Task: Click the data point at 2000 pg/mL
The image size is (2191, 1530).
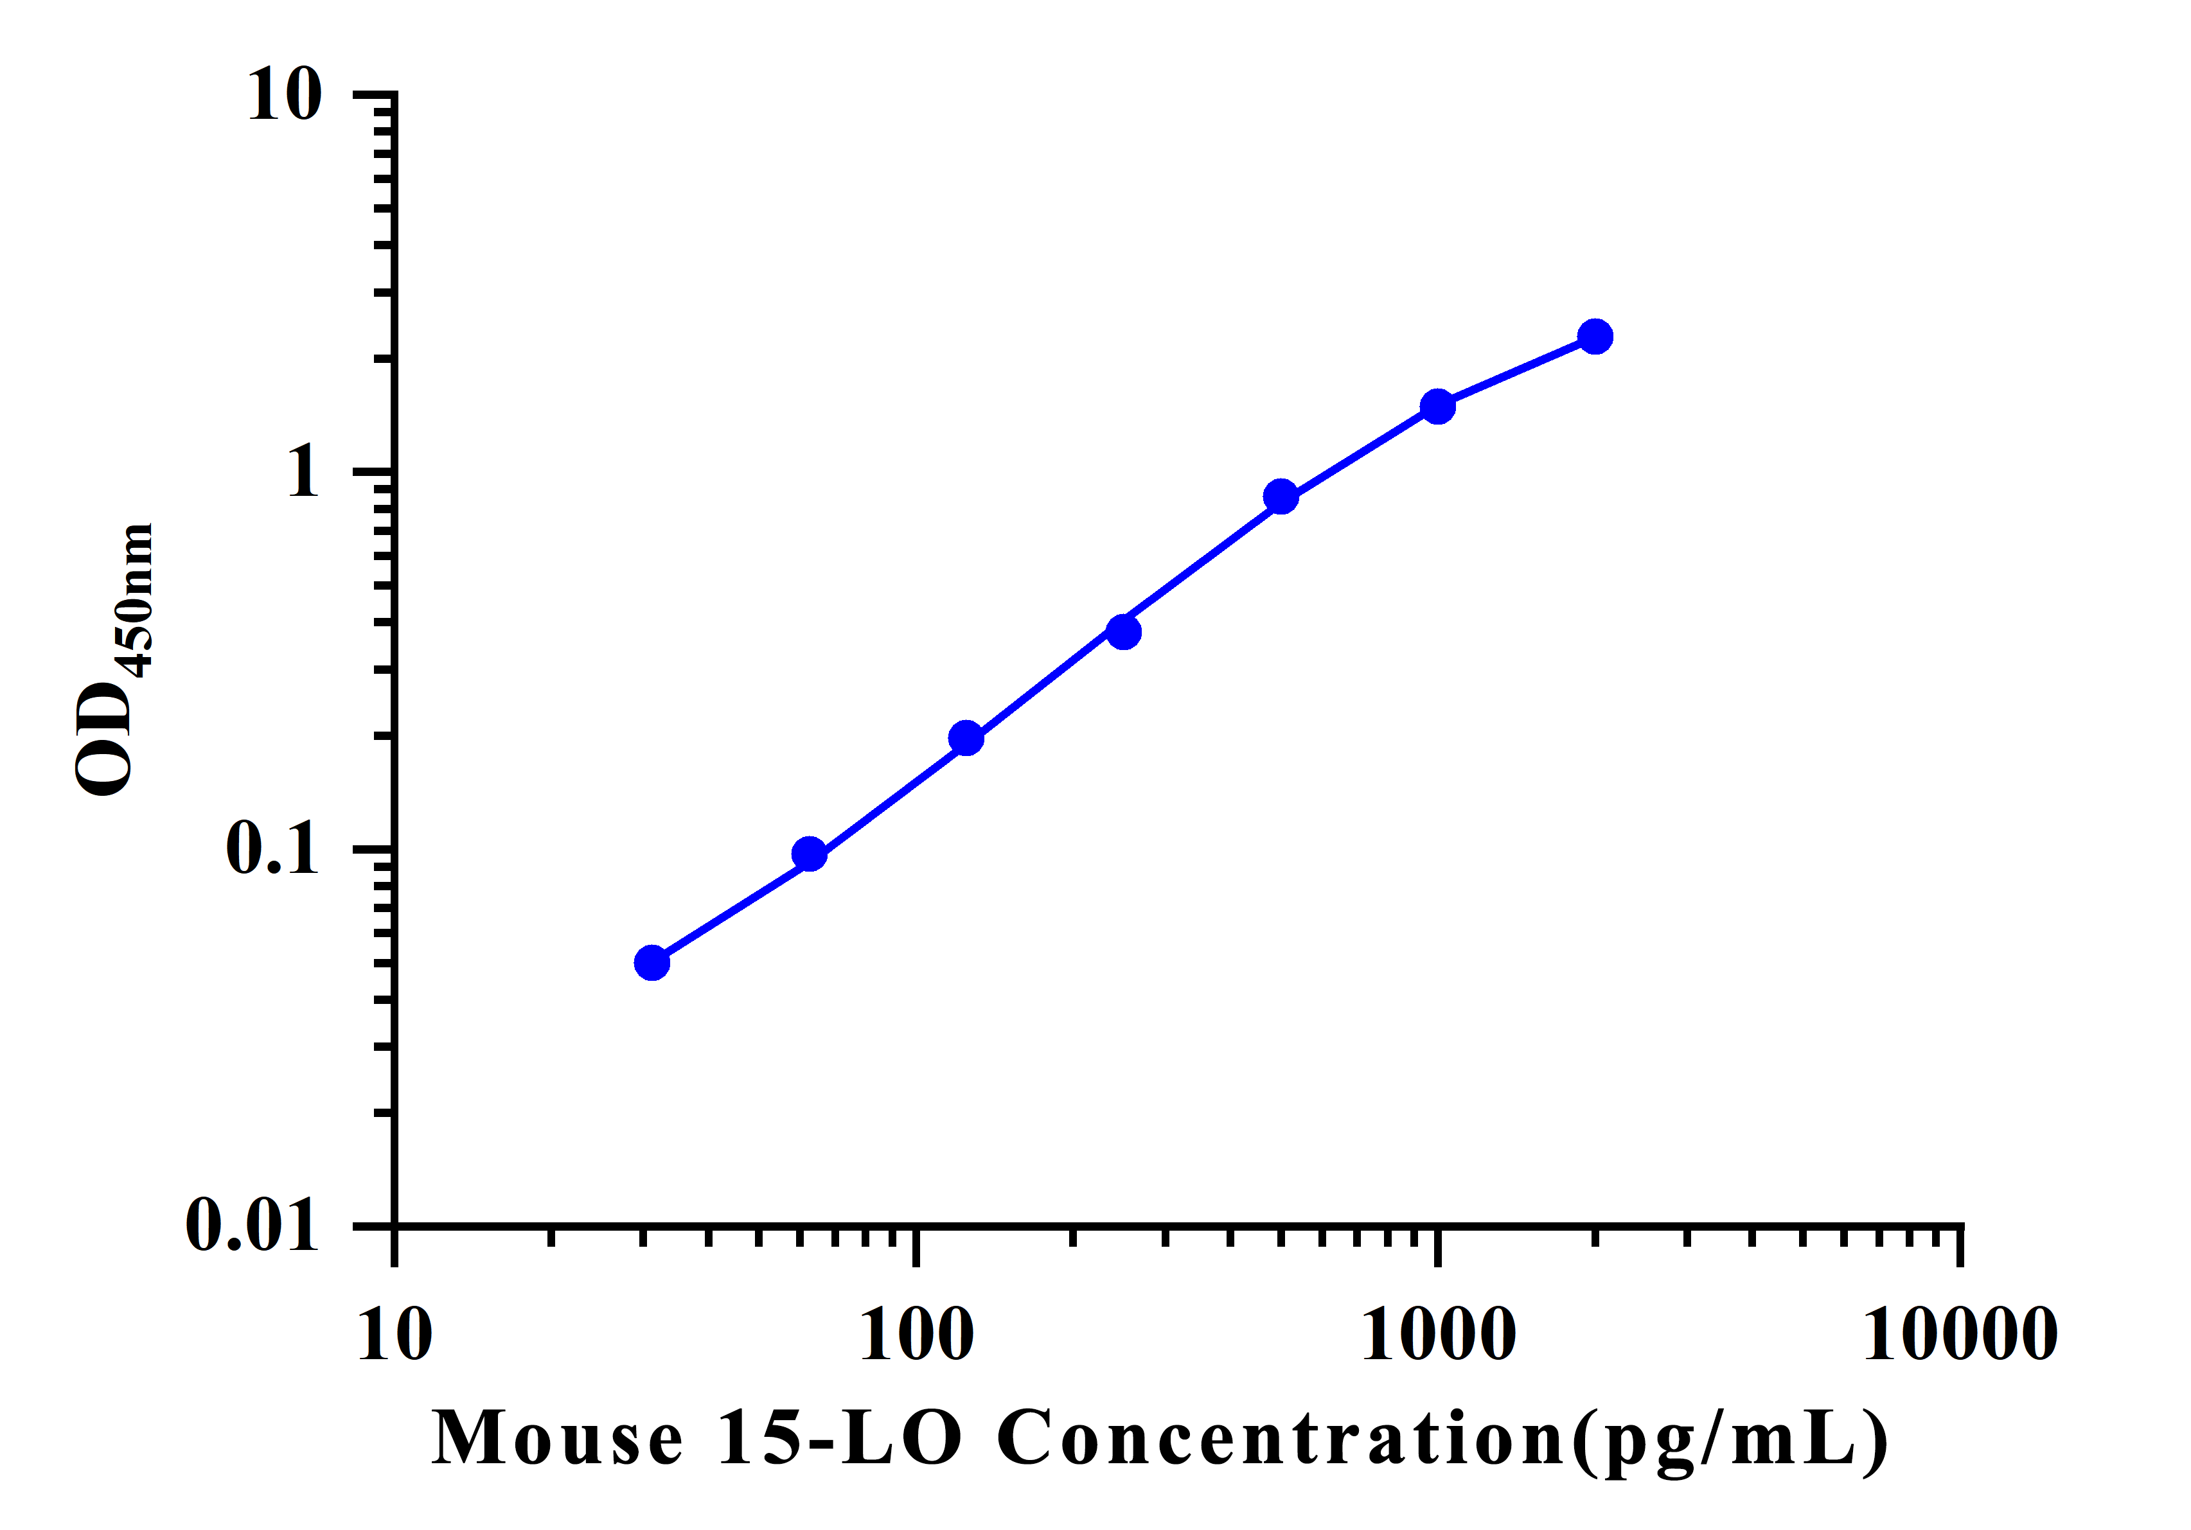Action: click(x=1595, y=337)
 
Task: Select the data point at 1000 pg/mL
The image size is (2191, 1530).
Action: click(x=1437, y=407)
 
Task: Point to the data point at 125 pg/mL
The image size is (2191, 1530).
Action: click(x=966, y=738)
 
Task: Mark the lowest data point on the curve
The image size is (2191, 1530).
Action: click(x=652, y=963)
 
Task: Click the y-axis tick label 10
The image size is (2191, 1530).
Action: click(x=285, y=96)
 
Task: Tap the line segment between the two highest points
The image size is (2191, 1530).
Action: click(x=1516, y=372)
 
